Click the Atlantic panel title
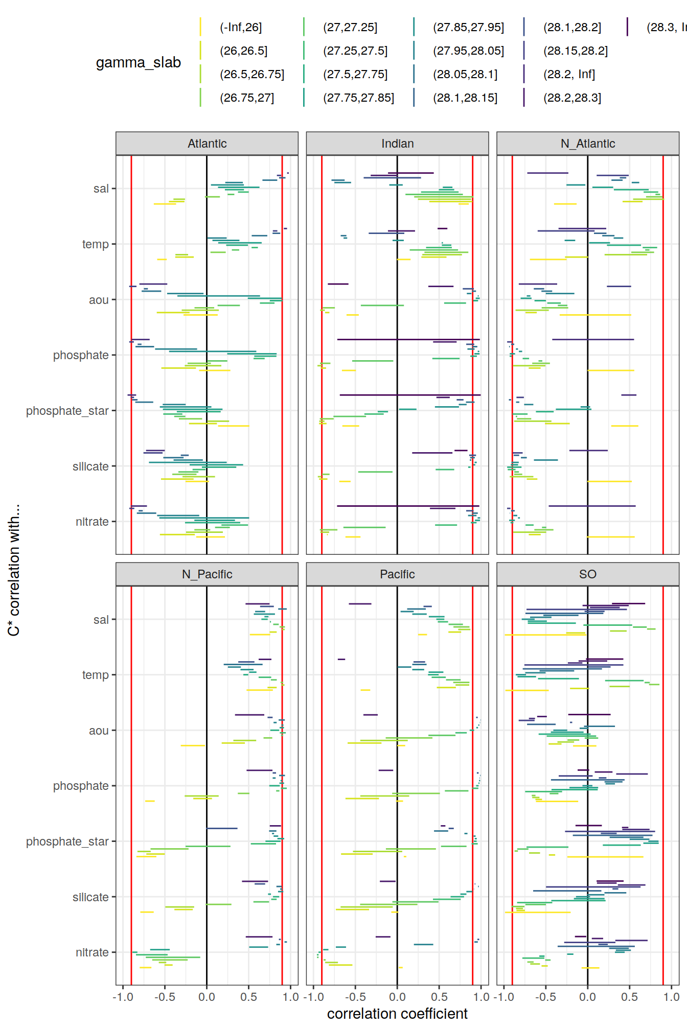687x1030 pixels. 207,144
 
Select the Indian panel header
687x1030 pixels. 397,144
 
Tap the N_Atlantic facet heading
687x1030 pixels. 588,144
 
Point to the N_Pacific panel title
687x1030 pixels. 207,574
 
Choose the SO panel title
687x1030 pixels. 588,574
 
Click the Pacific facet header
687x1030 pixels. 397,574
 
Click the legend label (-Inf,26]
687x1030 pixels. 241,28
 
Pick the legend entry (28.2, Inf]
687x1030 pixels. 569,75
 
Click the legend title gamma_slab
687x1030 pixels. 139,63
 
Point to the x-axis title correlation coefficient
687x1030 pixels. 397,1014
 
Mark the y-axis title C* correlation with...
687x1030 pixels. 14,570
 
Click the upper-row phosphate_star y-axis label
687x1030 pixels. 67,411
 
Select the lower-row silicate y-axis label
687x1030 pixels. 90,897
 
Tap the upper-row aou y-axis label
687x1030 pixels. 99,300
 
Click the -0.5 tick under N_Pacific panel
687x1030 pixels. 165,997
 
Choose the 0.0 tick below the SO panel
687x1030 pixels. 587,997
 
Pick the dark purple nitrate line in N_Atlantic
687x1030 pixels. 592,506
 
